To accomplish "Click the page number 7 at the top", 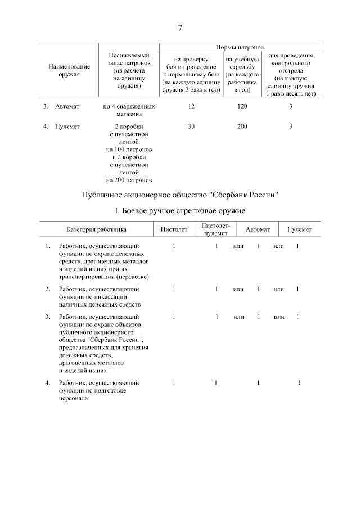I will [180, 29].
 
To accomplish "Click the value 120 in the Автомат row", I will [242, 106].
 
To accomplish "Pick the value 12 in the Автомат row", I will [191, 106].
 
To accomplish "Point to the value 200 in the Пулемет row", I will [242, 127].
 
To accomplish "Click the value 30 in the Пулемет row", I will [191, 127].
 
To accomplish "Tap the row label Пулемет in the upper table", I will [67, 127].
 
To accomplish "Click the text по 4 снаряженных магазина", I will [129, 110].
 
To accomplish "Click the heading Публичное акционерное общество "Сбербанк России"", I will [180, 195].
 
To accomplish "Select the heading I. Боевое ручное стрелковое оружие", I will [180, 211].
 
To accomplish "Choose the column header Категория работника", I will [96, 229].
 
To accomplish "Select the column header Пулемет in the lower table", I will [300, 229].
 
